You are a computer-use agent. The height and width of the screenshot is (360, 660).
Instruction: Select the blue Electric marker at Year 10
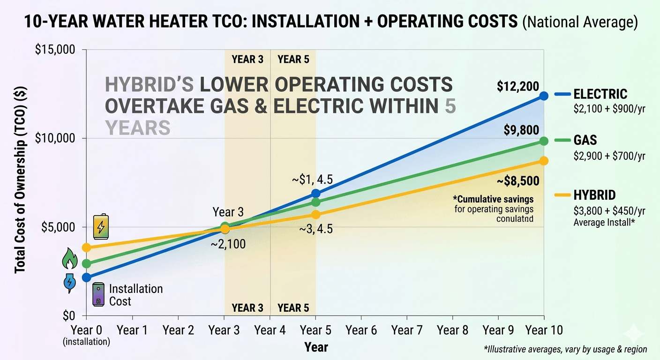(x=544, y=96)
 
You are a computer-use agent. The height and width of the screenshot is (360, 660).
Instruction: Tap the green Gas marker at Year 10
(x=544, y=141)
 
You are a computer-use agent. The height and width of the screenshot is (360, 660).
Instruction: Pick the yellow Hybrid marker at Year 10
(x=544, y=161)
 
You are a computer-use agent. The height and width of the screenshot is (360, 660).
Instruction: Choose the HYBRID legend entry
(x=594, y=195)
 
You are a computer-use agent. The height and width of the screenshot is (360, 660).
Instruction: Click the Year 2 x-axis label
(x=178, y=330)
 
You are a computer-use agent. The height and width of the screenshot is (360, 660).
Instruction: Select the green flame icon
(x=70, y=259)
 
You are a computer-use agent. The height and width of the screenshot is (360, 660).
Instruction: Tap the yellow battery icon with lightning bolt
(x=100, y=227)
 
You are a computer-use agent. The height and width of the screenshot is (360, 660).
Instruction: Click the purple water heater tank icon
(x=98, y=294)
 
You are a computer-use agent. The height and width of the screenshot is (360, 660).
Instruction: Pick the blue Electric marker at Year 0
(x=86, y=277)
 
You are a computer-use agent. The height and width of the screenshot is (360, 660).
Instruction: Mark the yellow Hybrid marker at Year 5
(x=315, y=214)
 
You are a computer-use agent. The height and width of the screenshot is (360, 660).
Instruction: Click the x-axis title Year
(x=316, y=347)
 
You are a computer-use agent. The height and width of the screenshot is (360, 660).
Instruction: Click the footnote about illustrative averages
(x=565, y=349)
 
